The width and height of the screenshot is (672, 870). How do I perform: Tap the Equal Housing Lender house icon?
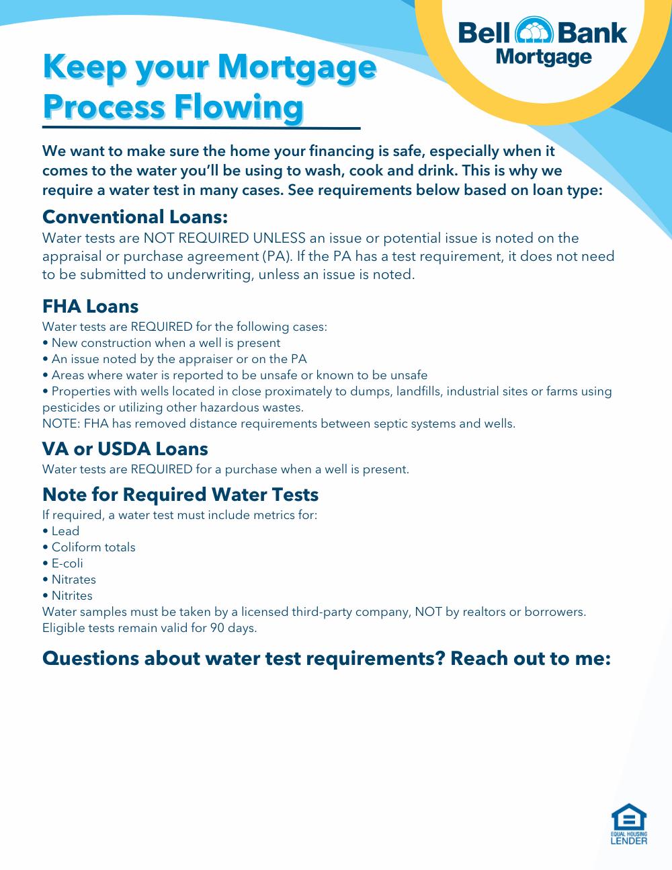(629, 819)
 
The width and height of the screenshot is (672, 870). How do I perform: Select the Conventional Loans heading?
(135, 217)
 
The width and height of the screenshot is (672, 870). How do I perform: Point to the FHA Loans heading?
(90, 307)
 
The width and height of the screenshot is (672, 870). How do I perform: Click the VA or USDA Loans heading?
(125, 449)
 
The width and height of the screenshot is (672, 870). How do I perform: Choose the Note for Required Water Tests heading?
(180, 495)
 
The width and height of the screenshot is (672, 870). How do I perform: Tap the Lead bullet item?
(65, 531)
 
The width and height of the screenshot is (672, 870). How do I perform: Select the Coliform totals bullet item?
(93, 547)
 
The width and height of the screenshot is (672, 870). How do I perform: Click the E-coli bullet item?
(67, 563)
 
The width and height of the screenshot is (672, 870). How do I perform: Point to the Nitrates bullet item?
(73, 580)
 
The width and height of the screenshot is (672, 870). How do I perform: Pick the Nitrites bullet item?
(72, 596)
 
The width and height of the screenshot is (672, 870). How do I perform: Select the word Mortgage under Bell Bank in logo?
(544, 58)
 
